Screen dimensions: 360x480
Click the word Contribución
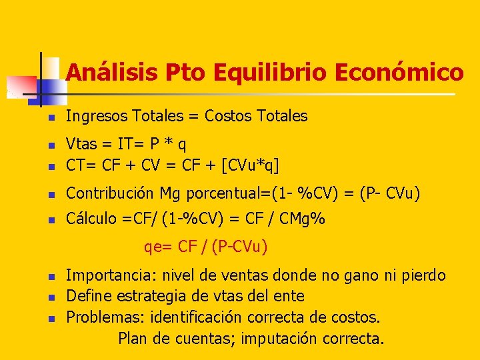tap(110, 193)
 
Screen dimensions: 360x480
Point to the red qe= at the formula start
tap(159, 247)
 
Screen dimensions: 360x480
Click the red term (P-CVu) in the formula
tap(239, 247)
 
